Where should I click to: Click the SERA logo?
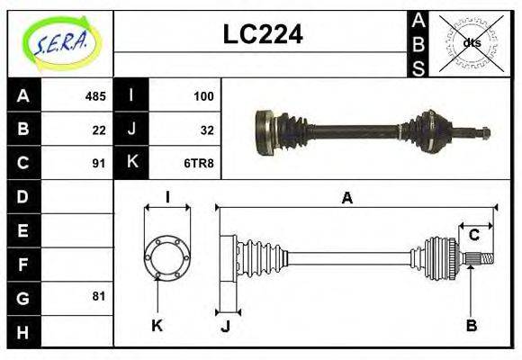[60, 43]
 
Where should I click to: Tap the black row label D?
[23, 196]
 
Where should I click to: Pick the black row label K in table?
[131, 163]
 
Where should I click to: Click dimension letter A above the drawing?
[346, 198]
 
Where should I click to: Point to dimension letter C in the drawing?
[473, 236]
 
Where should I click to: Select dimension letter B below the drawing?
[471, 325]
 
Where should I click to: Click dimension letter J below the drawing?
[225, 327]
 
